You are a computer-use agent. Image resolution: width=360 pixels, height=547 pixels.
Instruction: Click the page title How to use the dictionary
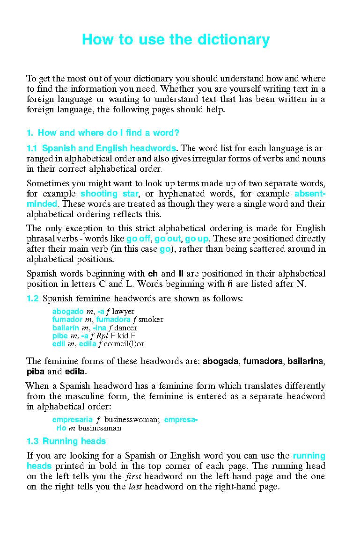[176, 40]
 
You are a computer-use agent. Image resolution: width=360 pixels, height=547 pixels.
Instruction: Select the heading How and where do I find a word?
[108, 132]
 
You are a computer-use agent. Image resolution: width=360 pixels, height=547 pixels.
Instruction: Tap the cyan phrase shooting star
[109, 194]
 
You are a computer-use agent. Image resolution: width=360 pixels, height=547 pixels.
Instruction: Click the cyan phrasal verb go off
[138, 239]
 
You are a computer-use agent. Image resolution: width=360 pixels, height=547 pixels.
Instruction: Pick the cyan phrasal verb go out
[167, 239]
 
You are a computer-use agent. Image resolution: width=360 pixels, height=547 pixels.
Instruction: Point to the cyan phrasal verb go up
[197, 239]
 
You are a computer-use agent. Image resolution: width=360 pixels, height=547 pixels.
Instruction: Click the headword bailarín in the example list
[66, 328]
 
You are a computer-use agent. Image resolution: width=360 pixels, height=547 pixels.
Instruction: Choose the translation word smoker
[151, 320]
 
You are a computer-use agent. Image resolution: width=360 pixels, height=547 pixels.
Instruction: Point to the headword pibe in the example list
[60, 336]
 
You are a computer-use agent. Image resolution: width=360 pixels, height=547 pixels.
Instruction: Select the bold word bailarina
[305, 361]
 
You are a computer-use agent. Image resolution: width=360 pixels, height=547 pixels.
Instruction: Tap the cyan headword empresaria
[72, 420]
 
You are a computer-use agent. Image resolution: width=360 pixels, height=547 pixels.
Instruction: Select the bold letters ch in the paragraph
[152, 273]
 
